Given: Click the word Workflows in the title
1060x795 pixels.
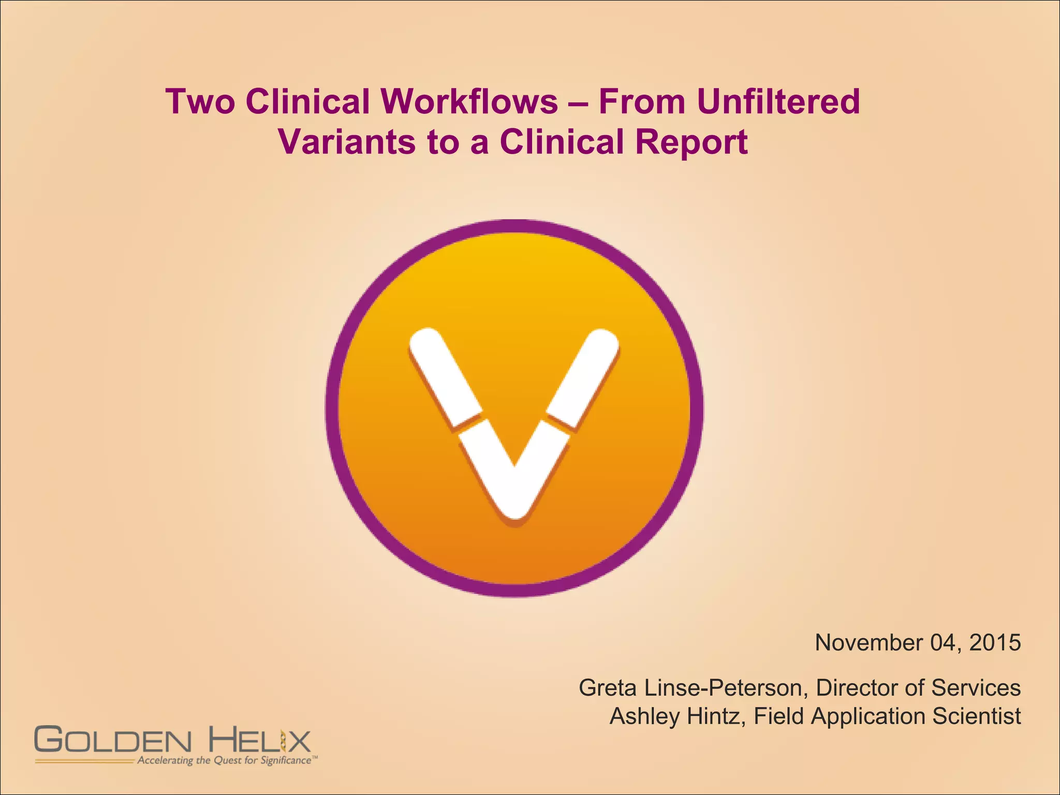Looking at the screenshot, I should pyautogui.click(x=470, y=101).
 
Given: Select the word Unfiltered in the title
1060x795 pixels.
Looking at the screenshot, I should pyautogui.click(x=778, y=101).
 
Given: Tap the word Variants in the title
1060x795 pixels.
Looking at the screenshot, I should pyautogui.click(x=346, y=142).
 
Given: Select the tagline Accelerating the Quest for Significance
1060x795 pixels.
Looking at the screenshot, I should pyautogui.click(x=225, y=760).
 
